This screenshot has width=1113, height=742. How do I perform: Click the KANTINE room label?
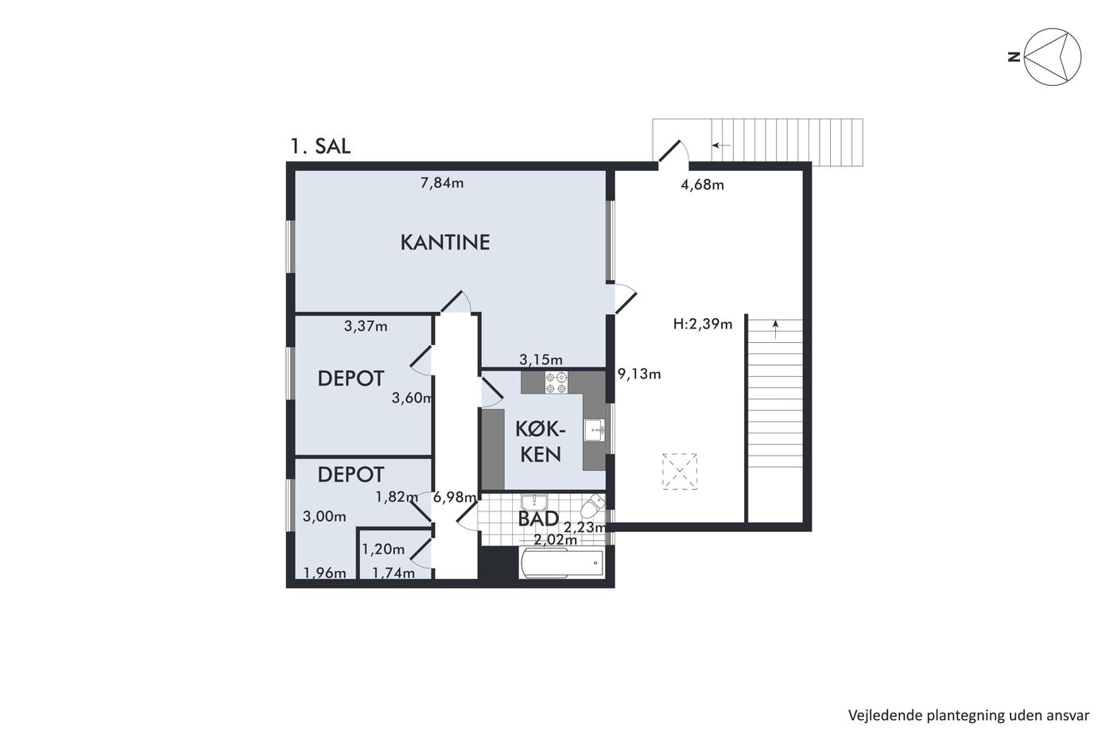[445, 243]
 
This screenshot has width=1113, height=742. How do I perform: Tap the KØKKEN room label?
[540, 441]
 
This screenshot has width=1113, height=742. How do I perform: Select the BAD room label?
[538, 519]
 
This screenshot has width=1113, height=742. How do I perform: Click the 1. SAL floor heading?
[320, 146]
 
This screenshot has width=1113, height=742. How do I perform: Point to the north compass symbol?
[1046, 56]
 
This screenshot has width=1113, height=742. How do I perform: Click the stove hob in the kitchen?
[556, 383]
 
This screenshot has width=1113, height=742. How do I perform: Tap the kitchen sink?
[595, 430]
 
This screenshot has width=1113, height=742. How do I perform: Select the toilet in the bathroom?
[592, 507]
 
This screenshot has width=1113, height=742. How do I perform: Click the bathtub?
[562, 563]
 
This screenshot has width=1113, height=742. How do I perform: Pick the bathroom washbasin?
[534, 502]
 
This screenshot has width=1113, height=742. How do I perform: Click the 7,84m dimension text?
[442, 184]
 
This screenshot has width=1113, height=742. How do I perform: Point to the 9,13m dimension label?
[639, 374]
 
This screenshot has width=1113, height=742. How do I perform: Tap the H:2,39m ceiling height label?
[703, 324]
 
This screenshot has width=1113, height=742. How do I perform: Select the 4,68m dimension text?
[702, 185]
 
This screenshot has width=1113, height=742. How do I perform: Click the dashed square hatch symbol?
[680, 471]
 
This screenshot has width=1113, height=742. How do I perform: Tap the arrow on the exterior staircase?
[721, 146]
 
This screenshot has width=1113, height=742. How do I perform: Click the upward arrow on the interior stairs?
[776, 329]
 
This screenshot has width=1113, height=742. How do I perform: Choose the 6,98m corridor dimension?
[455, 497]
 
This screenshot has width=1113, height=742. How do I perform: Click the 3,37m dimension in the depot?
[366, 327]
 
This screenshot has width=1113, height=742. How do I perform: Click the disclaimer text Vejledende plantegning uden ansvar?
[968, 716]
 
